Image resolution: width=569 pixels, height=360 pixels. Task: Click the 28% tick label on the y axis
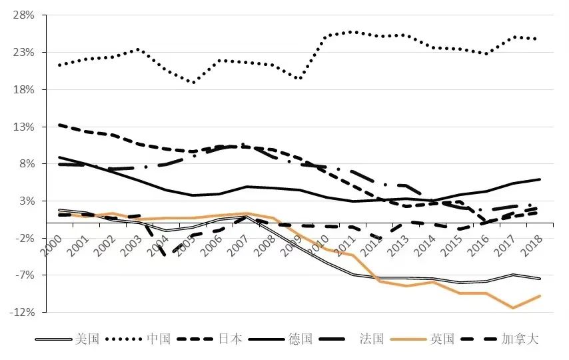[x=26, y=15]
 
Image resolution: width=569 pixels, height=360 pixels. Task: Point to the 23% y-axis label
[x=26, y=52]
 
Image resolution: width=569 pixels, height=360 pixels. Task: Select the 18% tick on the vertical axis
[x=26, y=89]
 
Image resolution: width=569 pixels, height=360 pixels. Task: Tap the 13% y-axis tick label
[x=26, y=127]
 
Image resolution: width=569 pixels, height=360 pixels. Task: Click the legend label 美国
[x=87, y=339]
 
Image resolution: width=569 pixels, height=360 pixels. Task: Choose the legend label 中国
[x=159, y=339]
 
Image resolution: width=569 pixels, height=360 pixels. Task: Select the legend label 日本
[x=231, y=339]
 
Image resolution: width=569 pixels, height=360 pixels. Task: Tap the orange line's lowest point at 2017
[x=512, y=308]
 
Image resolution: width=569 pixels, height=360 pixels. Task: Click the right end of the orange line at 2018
[x=539, y=295]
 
